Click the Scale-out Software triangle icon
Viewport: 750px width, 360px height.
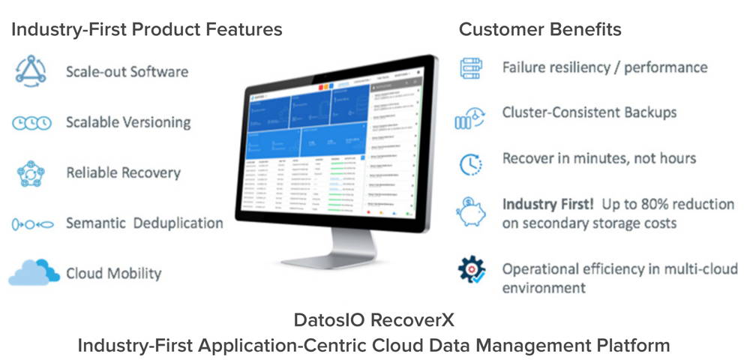pos(31,72)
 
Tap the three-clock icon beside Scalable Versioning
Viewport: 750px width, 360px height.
pos(31,123)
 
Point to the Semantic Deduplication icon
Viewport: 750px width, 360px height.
pos(31,223)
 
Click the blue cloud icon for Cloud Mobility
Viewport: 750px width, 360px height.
pos(34,271)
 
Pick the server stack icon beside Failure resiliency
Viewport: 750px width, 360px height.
pos(470,67)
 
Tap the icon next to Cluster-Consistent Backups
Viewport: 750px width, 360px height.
pos(470,117)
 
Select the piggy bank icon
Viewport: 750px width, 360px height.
pos(471,213)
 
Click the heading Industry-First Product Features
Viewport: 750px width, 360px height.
pos(147,30)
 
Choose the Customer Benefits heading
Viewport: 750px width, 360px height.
pos(540,30)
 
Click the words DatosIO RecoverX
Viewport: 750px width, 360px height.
pos(374,320)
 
